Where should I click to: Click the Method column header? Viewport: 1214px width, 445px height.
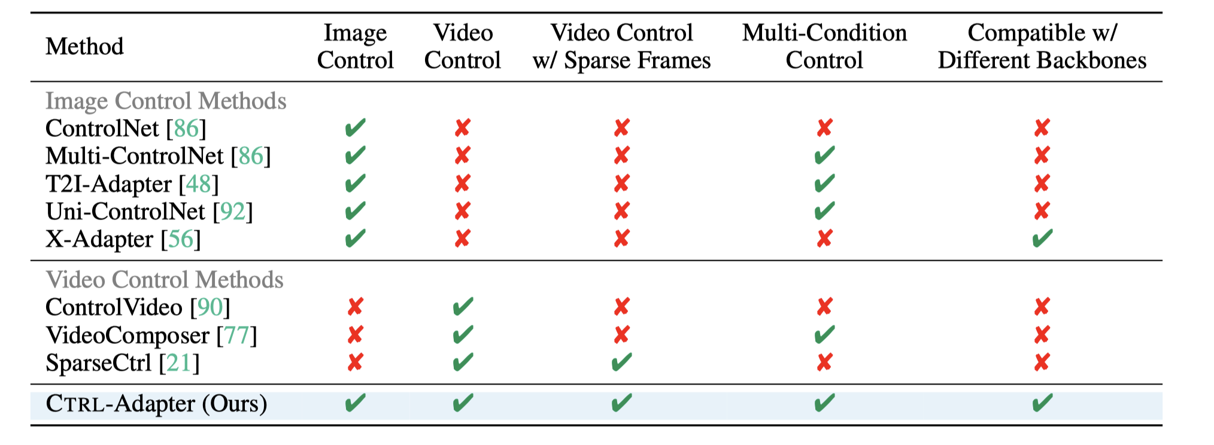point(84,47)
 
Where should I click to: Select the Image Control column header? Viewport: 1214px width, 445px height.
point(355,47)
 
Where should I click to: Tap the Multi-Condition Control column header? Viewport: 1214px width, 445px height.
point(824,47)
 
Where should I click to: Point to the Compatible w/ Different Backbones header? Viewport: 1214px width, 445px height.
point(1042,47)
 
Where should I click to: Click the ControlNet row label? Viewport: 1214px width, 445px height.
point(102,129)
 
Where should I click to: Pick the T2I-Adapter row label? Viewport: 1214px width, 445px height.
point(108,184)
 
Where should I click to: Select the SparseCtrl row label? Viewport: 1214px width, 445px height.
point(98,363)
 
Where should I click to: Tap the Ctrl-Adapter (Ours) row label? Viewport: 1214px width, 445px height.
point(156,404)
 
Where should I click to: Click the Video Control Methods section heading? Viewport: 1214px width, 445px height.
point(165,280)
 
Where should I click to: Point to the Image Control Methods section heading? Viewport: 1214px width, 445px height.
point(166,101)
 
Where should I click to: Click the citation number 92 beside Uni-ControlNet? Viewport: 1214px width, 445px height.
point(233,212)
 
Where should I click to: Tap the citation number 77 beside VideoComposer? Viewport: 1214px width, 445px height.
point(237,336)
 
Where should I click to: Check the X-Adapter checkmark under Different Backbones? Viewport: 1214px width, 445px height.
point(1042,239)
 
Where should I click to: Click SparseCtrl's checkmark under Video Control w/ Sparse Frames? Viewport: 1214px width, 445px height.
point(621,362)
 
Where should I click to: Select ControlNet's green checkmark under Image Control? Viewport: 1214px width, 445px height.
point(355,128)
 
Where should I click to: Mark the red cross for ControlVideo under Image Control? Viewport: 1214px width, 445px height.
point(355,307)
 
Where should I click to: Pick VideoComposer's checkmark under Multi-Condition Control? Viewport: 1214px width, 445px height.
point(824,334)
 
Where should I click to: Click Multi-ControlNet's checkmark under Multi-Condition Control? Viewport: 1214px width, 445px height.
point(824,156)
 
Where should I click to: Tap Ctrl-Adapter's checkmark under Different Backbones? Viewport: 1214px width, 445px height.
point(1042,403)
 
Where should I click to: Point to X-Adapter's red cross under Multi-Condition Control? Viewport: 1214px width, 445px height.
point(824,239)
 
